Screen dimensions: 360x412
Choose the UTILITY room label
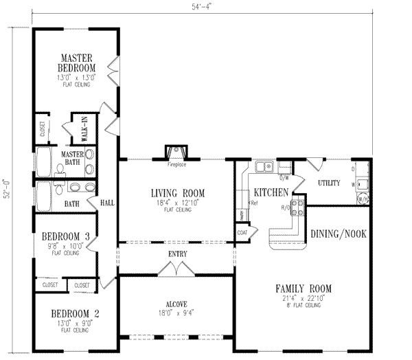pyautogui.click(x=330, y=183)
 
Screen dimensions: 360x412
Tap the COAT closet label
pyautogui.click(x=242, y=232)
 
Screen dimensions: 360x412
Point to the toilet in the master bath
pyautogui.click(x=60, y=168)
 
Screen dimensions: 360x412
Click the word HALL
pyautogui.click(x=106, y=203)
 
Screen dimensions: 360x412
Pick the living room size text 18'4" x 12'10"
pyautogui.click(x=178, y=203)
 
